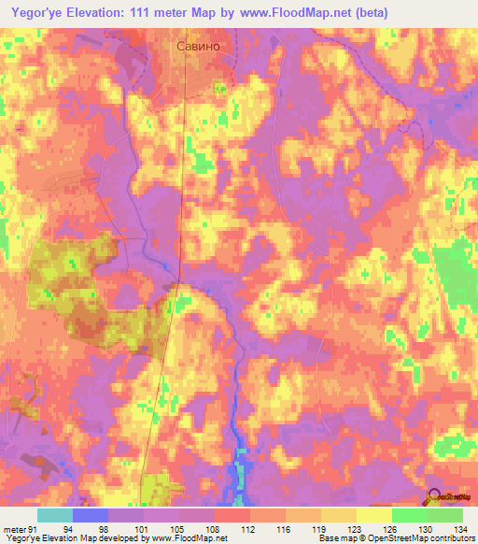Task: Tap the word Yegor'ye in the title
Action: (x=34, y=12)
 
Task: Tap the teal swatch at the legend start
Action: (x=55, y=515)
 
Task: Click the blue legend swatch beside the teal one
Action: (x=90, y=515)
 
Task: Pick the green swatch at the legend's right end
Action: (x=444, y=515)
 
